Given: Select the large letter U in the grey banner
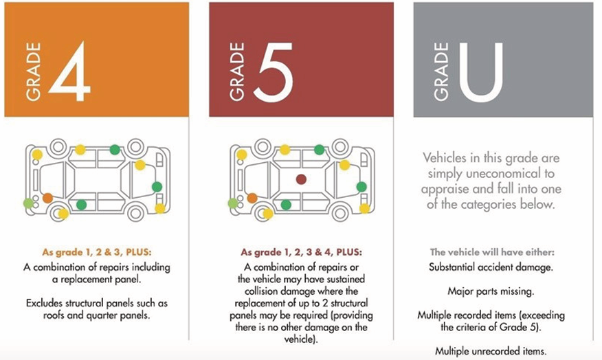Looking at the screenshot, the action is [x=480, y=71].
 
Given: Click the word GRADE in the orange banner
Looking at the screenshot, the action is [x=34, y=71].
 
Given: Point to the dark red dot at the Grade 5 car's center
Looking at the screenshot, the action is [x=301, y=179].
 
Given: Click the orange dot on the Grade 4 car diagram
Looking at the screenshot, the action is [x=47, y=198].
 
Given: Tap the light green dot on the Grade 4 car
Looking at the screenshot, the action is [x=29, y=203].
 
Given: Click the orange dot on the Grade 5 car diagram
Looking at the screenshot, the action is [x=252, y=198].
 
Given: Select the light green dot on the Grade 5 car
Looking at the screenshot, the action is [x=233, y=203].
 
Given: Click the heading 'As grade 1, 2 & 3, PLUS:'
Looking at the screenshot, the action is [x=97, y=252].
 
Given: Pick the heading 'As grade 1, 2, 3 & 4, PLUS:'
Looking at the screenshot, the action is [x=302, y=252].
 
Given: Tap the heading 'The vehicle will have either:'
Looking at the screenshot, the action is [x=492, y=252].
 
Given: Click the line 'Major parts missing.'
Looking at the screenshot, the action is [x=491, y=291].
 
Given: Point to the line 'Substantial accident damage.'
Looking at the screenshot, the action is [x=491, y=267].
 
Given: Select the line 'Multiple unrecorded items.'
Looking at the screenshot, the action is [x=491, y=351].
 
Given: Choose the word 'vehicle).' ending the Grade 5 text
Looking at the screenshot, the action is [x=302, y=339].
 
